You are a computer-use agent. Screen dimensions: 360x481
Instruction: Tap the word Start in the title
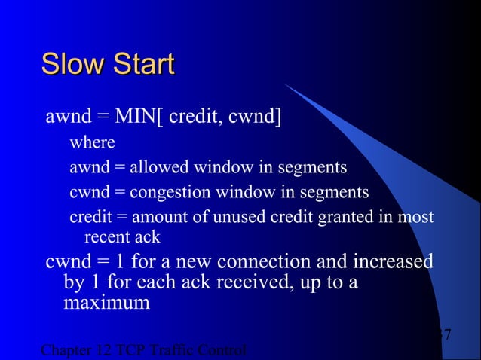point(143,64)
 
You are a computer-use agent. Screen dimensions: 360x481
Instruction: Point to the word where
point(92,142)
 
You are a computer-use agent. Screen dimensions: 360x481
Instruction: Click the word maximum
point(106,304)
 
